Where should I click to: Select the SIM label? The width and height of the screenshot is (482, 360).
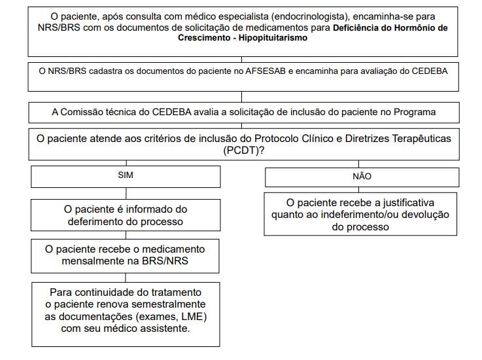click(x=124, y=175)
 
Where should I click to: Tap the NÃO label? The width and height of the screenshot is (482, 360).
click(x=361, y=176)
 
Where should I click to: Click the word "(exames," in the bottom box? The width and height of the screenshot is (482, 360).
click(x=155, y=317)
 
